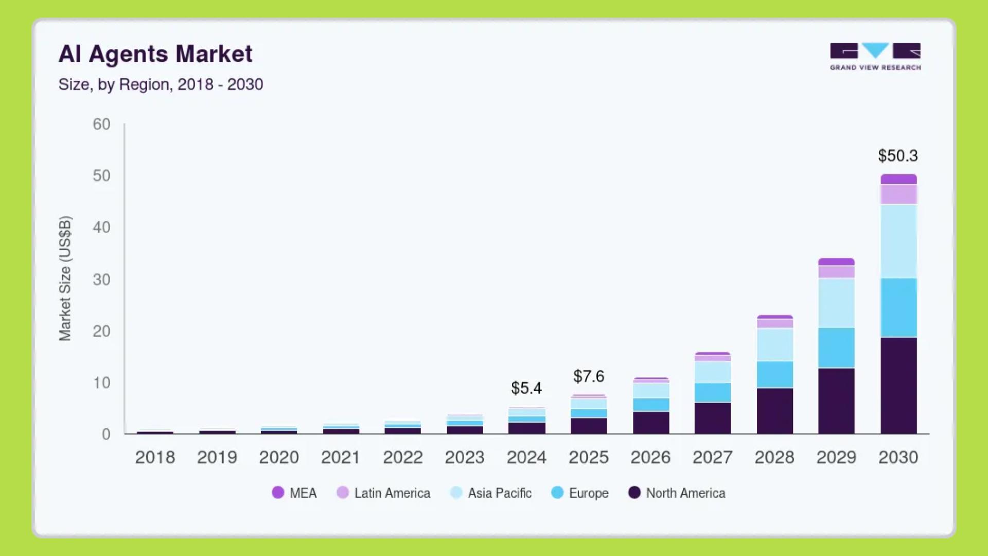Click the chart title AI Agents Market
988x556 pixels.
click(155, 54)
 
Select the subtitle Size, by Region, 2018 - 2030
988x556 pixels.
click(161, 84)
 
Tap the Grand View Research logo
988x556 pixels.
click(875, 56)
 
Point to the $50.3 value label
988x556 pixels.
click(897, 155)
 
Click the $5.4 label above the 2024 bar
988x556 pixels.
click(526, 388)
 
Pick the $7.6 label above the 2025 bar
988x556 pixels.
click(589, 376)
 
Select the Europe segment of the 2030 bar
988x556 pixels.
click(898, 308)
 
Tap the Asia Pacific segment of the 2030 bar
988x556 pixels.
click(898, 241)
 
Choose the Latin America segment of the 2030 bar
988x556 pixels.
click(898, 195)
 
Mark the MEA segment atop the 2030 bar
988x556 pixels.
click(898, 179)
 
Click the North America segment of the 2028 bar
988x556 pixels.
click(774, 410)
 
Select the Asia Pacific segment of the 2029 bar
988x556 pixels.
click(836, 303)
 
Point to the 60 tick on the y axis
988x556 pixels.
click(101, 124)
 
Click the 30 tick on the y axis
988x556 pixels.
click(101, 280)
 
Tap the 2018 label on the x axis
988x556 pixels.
click(155, 457)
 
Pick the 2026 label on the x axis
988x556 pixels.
click(650, 457)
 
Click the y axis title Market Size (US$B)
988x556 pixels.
click(65, 279)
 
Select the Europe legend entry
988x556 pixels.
click(580, 493)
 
